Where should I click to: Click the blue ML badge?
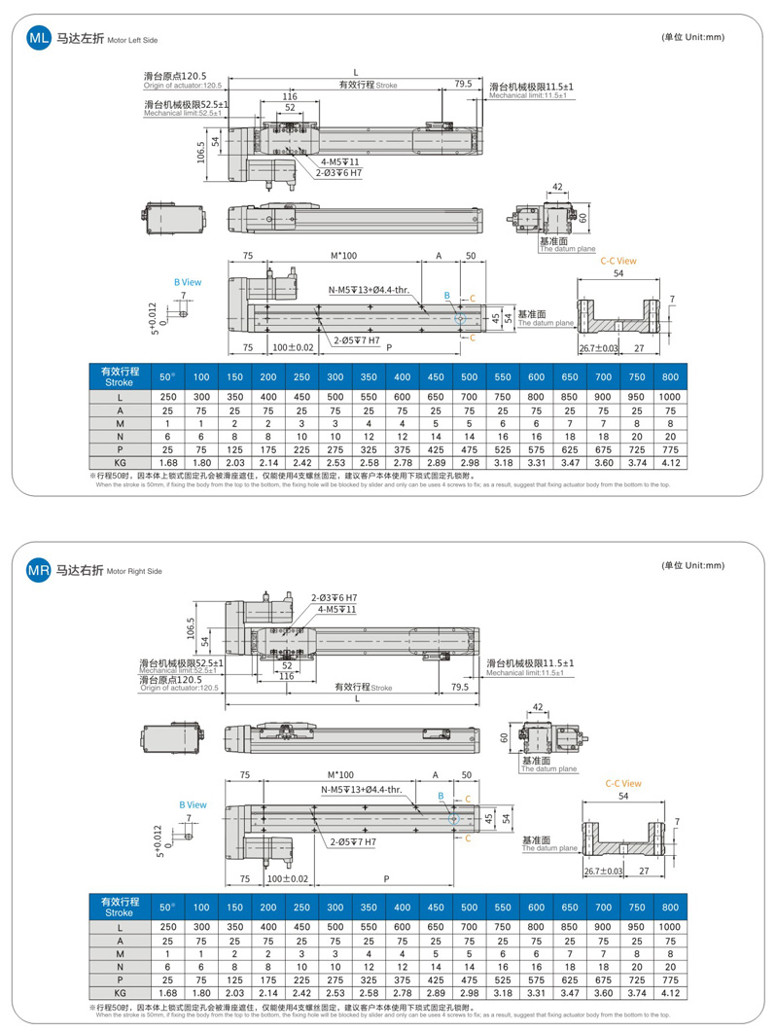[38, 39]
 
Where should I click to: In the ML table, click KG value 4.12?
[670, 462]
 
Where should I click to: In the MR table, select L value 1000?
[670, 927]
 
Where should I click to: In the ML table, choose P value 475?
[469, 449]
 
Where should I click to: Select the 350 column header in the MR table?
[368, 907]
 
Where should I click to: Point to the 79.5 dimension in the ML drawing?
[463, 85]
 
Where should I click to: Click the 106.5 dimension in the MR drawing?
[192, 630]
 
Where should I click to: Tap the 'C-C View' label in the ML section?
[618, 261]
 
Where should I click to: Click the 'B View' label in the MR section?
[193, 805]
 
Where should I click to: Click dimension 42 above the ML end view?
[557, 186]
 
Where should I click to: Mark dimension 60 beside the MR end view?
[505, 737]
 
